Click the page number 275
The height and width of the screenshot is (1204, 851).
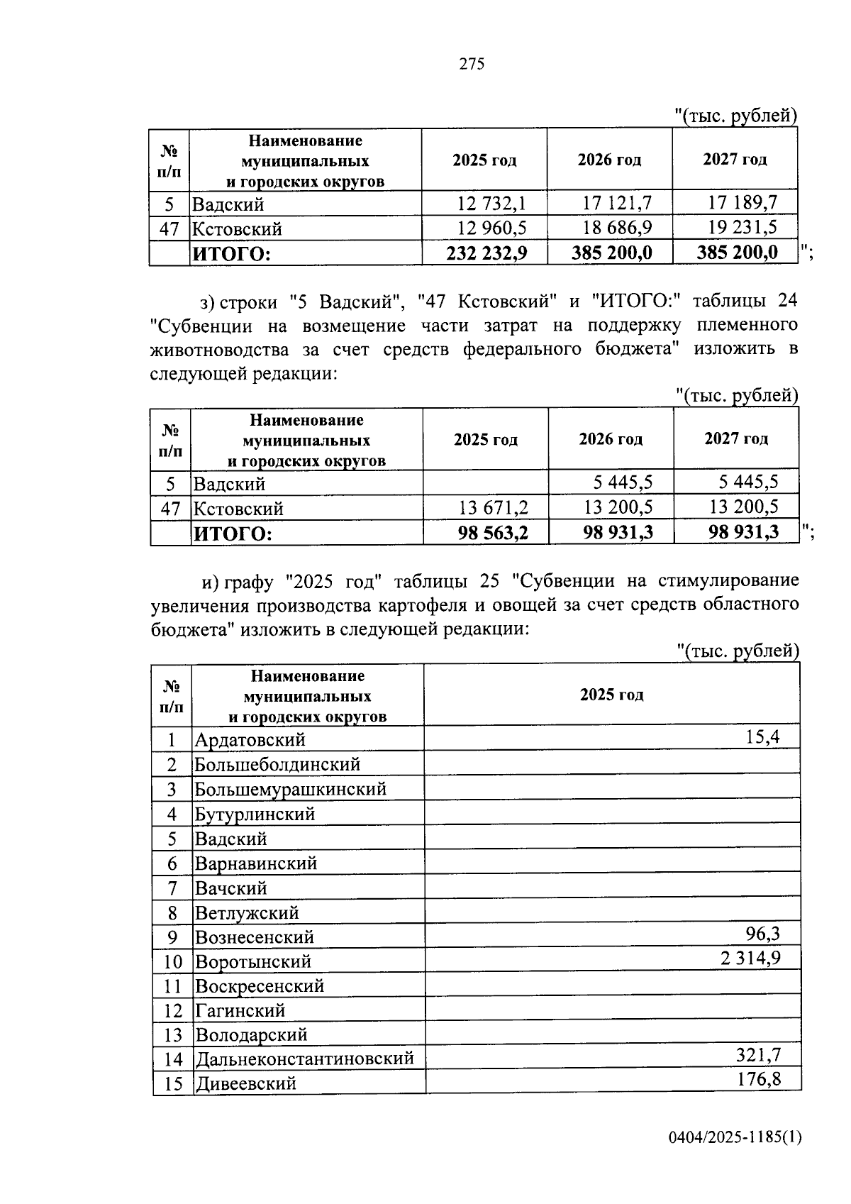coord(472,64)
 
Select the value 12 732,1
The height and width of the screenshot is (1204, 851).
coord(491,204)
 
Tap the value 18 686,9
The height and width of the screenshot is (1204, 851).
coord(616,228)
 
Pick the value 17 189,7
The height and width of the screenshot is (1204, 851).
coord(742,203)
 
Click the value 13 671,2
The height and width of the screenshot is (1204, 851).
coord(493,507)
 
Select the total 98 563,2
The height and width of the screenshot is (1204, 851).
coord(493,532)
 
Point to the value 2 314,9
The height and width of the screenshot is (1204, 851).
coord(750,959)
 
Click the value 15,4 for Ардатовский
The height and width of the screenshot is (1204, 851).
coord(762,737)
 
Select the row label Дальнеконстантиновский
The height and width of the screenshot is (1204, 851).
coord(304,1059)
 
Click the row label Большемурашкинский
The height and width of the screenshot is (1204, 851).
coord(291,789)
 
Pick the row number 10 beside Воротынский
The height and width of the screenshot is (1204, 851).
coord(173,962)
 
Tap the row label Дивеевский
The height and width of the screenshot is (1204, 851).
coord(245,1084)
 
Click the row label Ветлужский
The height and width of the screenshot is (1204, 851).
coord(247,912)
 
